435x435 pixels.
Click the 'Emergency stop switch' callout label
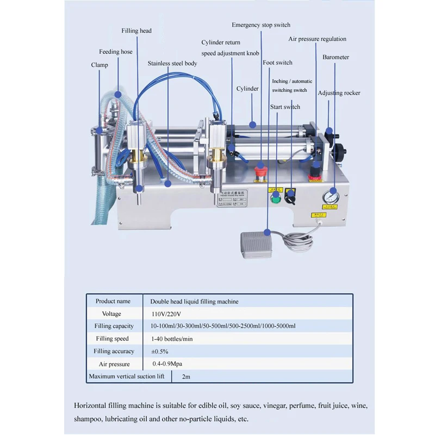coord(261,25)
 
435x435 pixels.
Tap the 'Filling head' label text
coord(136,31)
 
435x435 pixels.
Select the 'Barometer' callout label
coord(335,57)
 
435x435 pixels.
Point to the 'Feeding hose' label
coord(115,52)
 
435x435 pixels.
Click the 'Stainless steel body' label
coord(172,64)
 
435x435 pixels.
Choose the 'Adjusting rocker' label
coord(339,93)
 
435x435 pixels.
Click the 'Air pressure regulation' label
coord(317,39)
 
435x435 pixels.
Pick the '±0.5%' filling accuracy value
coord(160,351)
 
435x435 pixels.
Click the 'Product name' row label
coord(113,301)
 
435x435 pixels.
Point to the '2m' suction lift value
coord(185,376)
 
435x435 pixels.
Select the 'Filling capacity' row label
coord(114,326)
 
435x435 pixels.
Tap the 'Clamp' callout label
coord(100,65)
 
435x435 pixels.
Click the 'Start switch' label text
coord(285,107)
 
